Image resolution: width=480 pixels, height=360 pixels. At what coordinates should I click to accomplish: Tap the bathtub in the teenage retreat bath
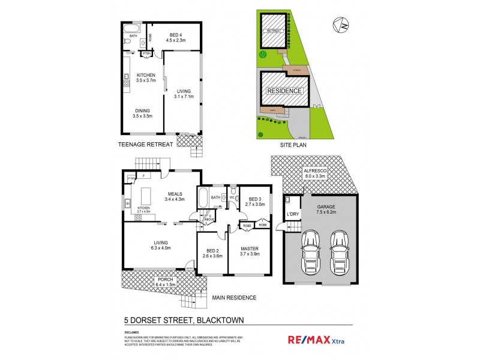[131, 28]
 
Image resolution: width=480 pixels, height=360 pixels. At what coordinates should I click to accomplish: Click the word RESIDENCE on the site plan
[286, 91]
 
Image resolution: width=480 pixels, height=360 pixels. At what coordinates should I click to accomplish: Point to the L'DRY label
[293, 214]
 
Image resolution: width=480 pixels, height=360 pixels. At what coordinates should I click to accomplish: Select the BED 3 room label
[255, 202]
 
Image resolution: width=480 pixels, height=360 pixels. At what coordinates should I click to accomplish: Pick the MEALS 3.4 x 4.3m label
[175, 196]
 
